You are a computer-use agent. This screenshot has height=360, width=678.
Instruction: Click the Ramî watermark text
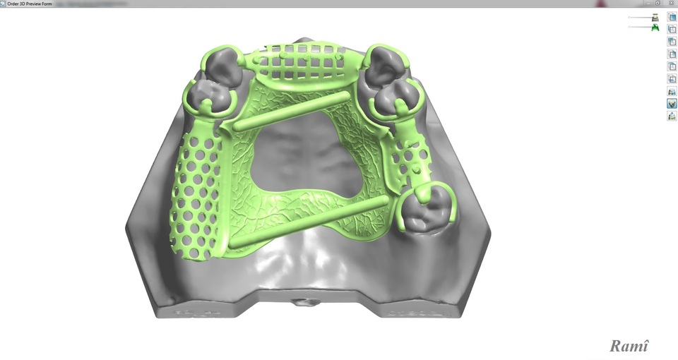[629, 345]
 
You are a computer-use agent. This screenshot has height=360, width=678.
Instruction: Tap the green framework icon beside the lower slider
[655, 28]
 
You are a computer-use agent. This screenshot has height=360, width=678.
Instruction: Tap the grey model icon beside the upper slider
[655, 17]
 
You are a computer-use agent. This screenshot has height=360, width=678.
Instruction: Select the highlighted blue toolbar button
[672, 103]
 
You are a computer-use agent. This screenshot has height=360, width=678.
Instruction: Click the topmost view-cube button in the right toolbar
[672, 17]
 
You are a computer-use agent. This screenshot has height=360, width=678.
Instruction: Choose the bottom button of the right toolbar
[672, 116]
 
